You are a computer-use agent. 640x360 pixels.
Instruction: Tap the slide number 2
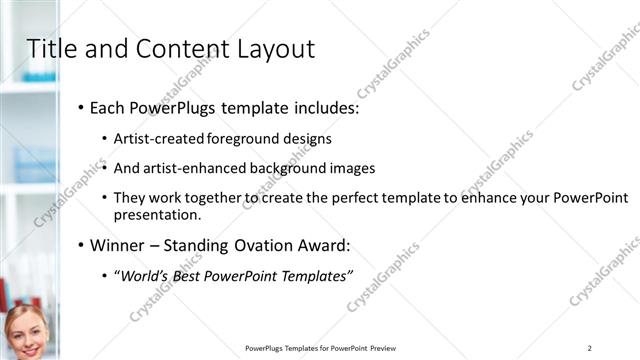coord(590,348)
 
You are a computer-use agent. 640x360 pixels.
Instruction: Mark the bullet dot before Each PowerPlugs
coord(79,108)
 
